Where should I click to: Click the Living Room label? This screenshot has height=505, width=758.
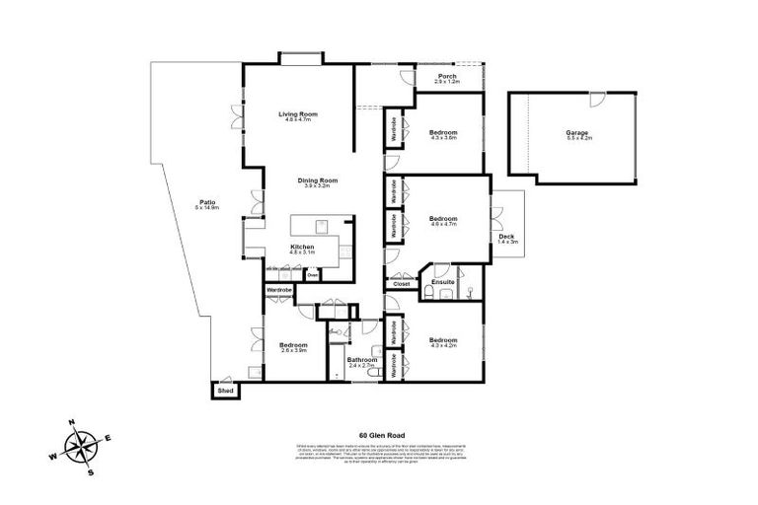pyautogui.click(x=297, y=113)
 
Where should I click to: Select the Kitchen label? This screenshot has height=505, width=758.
pyautogui.click(x=302, y=246)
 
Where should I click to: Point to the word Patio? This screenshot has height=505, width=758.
pyautogui.click(x=204, y=202)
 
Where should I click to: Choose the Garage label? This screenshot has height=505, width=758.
pyautogui.click(x=577, y=131)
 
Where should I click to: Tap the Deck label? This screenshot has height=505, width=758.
pyautogui.click(x=506, y=236)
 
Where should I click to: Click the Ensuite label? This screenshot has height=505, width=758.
pyautogui.click(x=443, y=282)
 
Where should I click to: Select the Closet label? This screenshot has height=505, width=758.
pyautogui.click(x=401, y=284)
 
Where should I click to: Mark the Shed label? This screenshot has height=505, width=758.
pyautogui.click(x=225, y=392)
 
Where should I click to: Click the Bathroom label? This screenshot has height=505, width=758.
pyautogui.click(x=361, y=359)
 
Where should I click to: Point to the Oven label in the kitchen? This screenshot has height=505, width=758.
pyautogui.click(x=312, y=276)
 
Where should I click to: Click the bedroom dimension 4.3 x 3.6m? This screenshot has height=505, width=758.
pyautogui.click(x=443, y=138)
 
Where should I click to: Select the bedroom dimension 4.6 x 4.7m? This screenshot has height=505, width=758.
pyautogui.click(x=443, y=225)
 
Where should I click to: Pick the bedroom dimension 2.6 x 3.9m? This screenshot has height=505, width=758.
pyautogui.click(x=294, y=351)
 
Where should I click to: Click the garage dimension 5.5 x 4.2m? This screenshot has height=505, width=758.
pyautogui.click(x=577, y=138)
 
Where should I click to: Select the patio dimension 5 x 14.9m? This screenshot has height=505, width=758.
pyautogui.click(x=204, y=209)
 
